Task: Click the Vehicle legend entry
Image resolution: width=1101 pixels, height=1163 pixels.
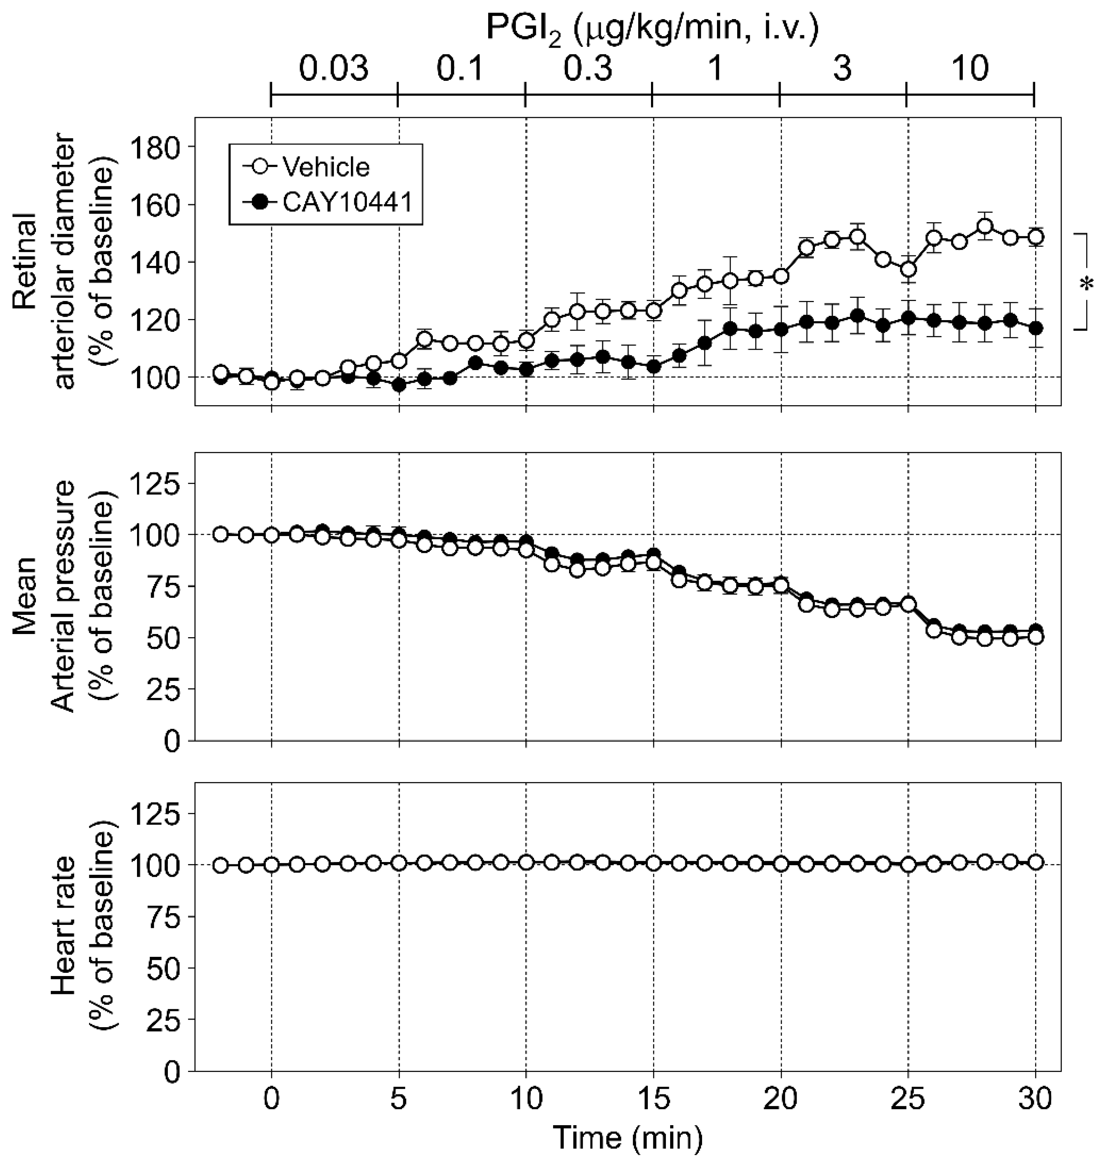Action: (x=326, y=167)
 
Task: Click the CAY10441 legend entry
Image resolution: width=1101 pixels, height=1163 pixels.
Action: (x=346, y=203)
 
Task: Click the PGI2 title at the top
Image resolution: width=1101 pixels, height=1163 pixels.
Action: (x=651, y=28)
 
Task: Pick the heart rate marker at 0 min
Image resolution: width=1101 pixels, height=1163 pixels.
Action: (x=271, y=865)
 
